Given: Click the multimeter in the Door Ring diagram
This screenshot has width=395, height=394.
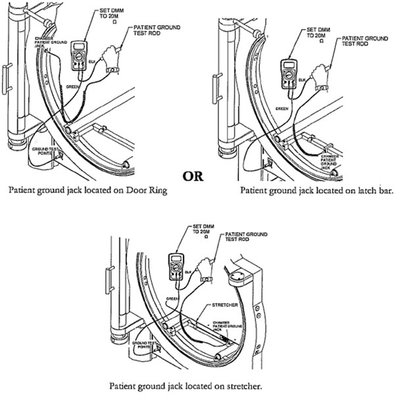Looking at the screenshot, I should pos(79,56).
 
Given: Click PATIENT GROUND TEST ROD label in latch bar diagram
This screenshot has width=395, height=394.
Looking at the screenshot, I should pos(361,44).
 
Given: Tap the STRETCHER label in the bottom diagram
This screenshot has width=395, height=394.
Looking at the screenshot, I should pos(224,306).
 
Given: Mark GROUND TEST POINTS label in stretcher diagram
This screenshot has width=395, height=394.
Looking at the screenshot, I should pos(142,346).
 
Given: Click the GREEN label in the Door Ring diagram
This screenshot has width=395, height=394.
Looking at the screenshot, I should pos(73,86).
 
